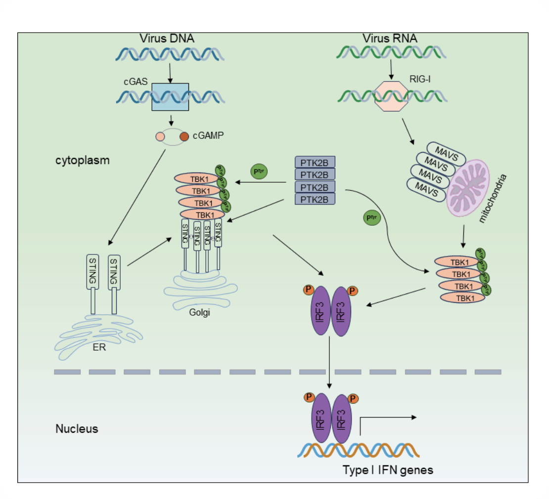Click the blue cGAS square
pyautogui.click(x=170, y=97)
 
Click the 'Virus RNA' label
pyautogui.click(x=389, y=39)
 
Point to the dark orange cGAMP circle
pyautogui.click(x=184, y=136)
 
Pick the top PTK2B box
pyautogui.click(x=315, y=162)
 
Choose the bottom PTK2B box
pyautogui.click(x=315, y=199)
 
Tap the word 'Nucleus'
pyautogui.click(x=77, y=428)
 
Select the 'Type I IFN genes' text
pyautogui.click(x=388, y=470)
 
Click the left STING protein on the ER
pyautogui.click(x=93, y=284)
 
